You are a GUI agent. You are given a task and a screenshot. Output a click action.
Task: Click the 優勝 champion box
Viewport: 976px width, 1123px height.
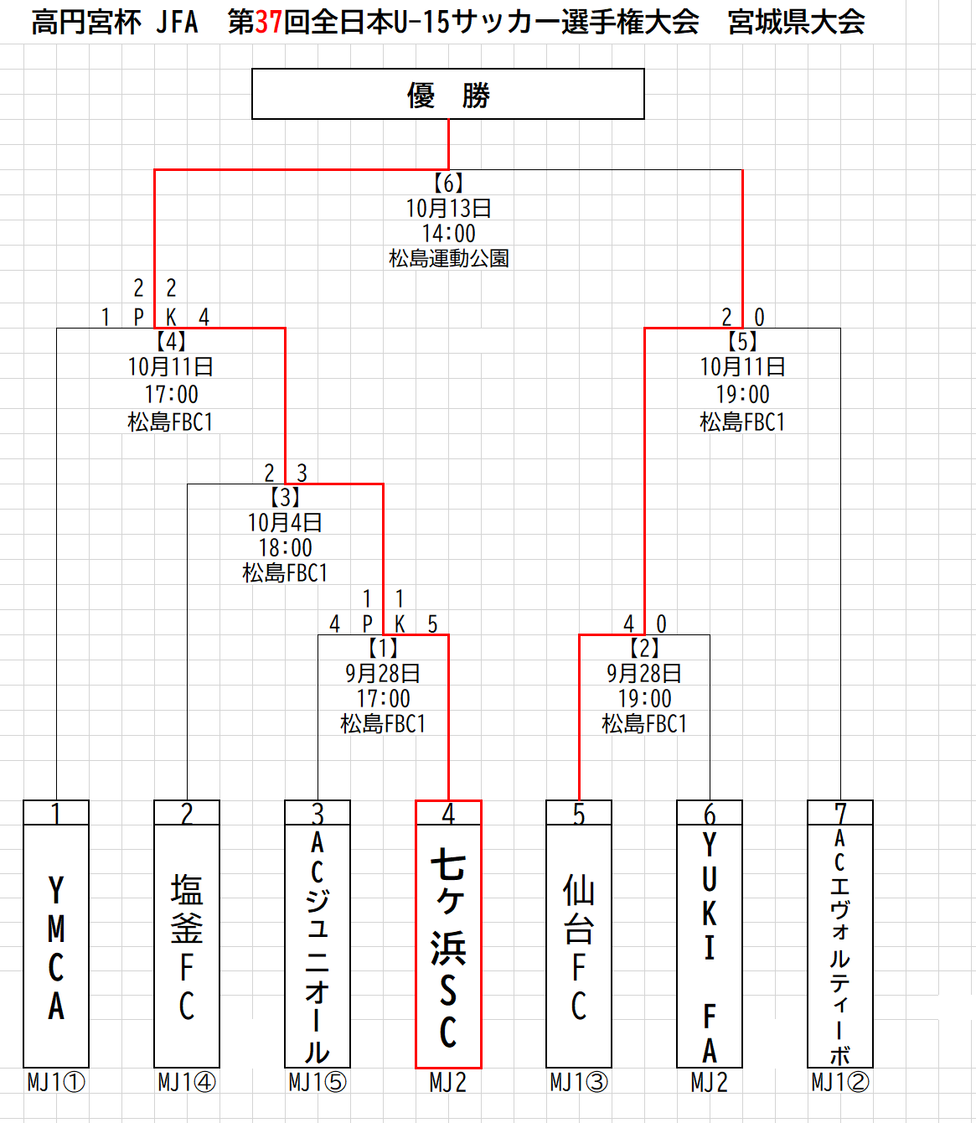[448, 94]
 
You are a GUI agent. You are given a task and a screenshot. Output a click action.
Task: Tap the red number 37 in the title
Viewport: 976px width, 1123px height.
[268, 23]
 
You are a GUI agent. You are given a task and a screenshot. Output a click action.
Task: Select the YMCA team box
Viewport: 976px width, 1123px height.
[56, 946]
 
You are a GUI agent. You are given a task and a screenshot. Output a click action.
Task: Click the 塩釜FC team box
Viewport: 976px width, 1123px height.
[187, 946]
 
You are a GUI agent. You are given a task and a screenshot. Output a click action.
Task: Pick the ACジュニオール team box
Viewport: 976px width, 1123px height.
[318, 946]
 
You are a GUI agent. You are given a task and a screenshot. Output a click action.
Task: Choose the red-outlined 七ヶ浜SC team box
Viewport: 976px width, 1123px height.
[448, 946]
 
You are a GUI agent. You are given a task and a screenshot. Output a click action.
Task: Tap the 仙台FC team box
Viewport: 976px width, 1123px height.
[579, 946]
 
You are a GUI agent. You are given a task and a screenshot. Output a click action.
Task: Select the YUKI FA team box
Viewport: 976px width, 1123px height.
[710, 946]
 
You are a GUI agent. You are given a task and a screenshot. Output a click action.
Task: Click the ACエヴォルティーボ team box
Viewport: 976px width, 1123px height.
[840, 946]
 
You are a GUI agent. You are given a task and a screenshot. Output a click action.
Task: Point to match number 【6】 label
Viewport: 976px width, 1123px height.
[448, 183]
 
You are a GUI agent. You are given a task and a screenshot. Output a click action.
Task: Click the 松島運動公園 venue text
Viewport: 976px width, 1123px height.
[448, 258]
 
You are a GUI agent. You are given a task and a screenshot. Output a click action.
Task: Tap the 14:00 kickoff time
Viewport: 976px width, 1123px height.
[448, 233]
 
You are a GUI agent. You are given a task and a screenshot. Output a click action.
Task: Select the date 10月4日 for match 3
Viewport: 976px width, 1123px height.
[285, 522]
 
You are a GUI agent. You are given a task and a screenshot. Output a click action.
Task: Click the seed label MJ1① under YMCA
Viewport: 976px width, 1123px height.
[56, 1082]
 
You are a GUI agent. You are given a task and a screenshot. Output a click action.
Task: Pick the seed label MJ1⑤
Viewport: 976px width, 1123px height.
[318, 1082]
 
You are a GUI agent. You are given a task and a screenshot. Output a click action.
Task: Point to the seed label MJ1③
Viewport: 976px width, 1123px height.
[579, 1082]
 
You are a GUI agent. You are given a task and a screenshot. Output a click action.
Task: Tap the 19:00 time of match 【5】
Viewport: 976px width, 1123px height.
[742, 394]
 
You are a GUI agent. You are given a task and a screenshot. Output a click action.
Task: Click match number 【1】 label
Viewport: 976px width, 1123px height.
[383, 648]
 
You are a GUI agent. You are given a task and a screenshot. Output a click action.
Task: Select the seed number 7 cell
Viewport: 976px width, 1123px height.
[840, 813]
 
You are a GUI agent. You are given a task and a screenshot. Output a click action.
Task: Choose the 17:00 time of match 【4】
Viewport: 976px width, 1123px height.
[171, 394]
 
